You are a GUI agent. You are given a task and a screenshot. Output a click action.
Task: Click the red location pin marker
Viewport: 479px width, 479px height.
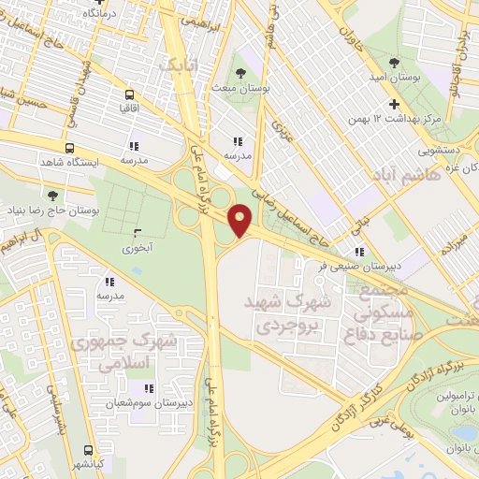click(x=241, y=220)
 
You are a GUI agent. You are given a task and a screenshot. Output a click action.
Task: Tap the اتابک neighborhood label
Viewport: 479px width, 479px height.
click(x=178, y=66)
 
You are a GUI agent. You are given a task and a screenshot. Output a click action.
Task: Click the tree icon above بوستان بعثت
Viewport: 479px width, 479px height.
click(x=241, y=71)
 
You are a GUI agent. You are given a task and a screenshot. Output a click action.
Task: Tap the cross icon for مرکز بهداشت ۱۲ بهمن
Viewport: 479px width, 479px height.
click(x=394, y=104)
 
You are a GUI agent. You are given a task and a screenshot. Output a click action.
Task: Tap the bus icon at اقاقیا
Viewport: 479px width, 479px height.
click(x=128, y=94)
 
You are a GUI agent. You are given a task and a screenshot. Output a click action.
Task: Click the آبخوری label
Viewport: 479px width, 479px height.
click(x=138, y=248)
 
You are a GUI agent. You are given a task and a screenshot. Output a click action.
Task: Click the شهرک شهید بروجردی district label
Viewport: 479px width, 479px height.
click(x=288, y=316)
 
